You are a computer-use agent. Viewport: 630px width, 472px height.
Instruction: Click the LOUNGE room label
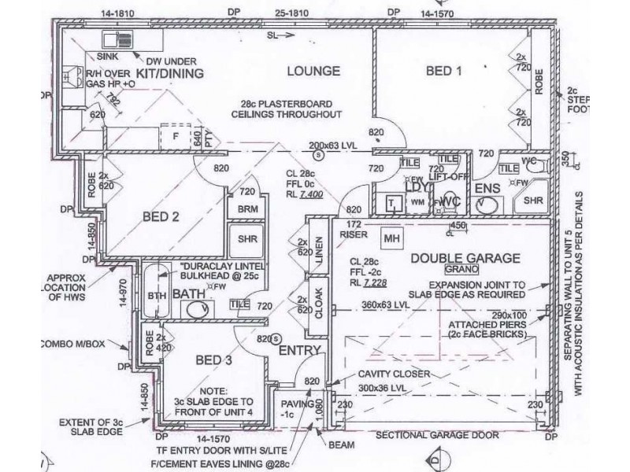point(313,71)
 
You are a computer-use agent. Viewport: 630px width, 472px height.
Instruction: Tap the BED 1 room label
point(444,71)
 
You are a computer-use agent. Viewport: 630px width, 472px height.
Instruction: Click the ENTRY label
point(299,350)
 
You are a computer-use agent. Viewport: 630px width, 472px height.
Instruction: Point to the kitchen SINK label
point(108,57)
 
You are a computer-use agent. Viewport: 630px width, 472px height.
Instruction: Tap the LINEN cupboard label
point(317,251)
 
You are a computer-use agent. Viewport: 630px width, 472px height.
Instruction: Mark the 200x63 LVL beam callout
point(334,146)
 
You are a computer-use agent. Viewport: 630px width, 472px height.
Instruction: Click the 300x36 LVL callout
point(381,388)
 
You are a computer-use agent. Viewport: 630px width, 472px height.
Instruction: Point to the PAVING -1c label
point(298,409)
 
